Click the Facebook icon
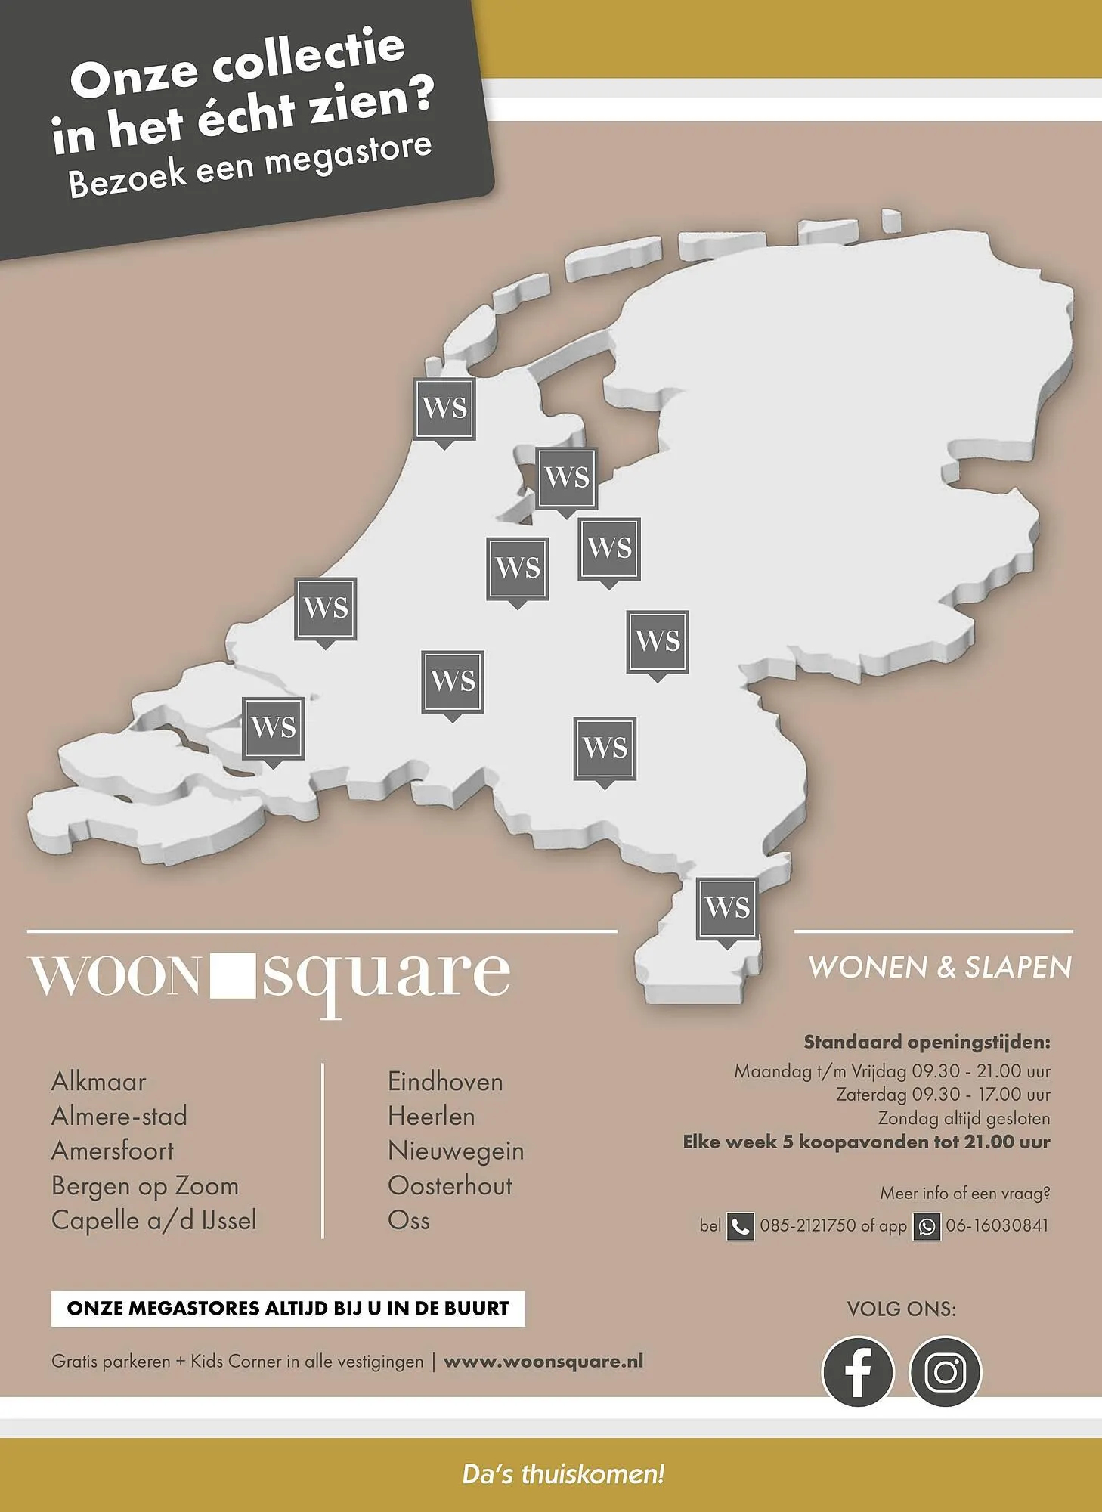click(x=857, y=1371)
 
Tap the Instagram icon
click(x=945, y=1371)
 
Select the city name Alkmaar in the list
click(x=98, y=1081)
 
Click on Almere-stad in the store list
click(x=119, y=1116)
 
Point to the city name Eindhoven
click(x=445, y=1081)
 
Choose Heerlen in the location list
click(x=431, y=1116)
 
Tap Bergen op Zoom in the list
click(x=145, y=1185)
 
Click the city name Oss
click(x=409, y=1220)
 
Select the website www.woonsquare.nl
click(x=543, y=1362)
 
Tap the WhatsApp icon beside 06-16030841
click(x=927, y=1226)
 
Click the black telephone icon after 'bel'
click(x=741, y=1226)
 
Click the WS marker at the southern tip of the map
click(x=727, y=908)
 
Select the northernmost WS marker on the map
click(x=445, y=409)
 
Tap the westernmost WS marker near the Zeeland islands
click(x=274, y=728)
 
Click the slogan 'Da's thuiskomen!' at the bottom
click(x=563, y=1474)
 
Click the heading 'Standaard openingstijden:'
click(x=927, y=1042)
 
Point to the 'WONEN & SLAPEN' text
click(x=939, y=967)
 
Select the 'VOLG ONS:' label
click(x=901, y=1309)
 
